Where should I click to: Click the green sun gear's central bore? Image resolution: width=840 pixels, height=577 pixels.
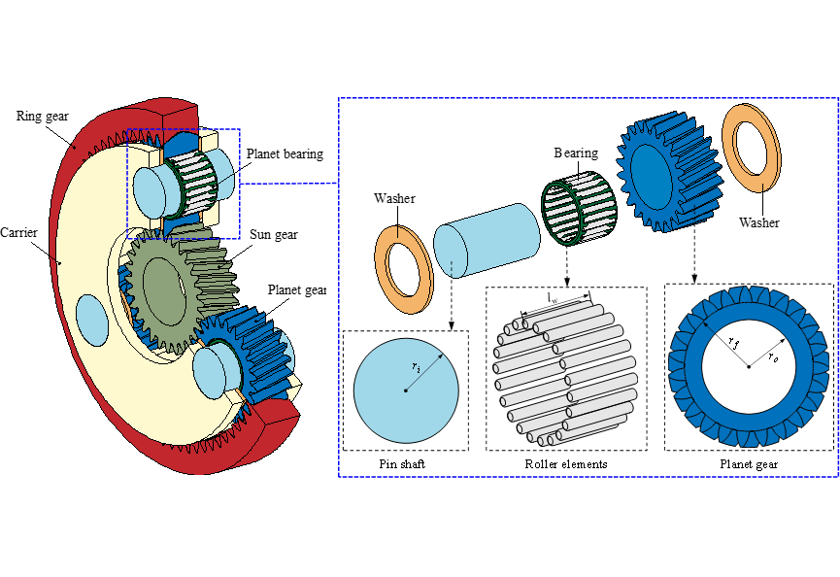pyautogui.click(x=160, y=289)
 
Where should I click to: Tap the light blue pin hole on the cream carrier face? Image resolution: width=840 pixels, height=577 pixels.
pyautogui.click(x=91, y=320)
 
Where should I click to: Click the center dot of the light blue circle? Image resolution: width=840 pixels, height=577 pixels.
pyautogui.click(x=406, y=390)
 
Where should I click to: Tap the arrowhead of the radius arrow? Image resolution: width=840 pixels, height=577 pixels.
pyautogui.click(x=440, y=356)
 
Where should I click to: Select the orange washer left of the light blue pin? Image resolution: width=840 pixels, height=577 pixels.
pyautogui.click(x=403, y=270)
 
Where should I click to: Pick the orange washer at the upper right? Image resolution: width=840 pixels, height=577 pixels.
pyautogui.click(x=752, y=148)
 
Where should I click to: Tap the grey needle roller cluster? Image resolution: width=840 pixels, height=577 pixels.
pyautogui.click(x=566, y=374)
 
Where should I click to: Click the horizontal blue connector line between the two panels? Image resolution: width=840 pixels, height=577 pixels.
pyautogui.click(x=288, y=183)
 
